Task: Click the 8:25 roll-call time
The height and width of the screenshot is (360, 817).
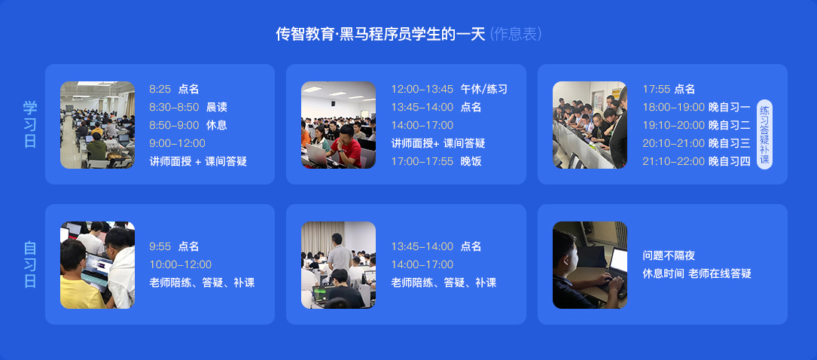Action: pyautogui.click(x=160, y=89)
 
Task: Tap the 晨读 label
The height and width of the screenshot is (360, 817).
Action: pyautogui.click(x=217, y=108)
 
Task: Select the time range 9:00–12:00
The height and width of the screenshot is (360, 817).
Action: pyautogui.click(x=177, y=143)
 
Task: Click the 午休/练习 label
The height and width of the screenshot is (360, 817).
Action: pyautogui.click(x=483, y=89)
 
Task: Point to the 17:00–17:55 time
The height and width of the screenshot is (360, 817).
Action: pyautogui.click(x=422, y=161)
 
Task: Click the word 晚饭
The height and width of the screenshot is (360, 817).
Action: pyautogui.click(x=471, y=161)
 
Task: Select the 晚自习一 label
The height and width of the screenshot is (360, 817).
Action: pyautogui.click(x=730, y=108)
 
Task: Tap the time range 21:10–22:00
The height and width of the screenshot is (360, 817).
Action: pyautogui.click(x=674, y=161)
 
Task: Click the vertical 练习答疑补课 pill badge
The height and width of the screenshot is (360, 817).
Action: pyautogui.click(x=764, y=134)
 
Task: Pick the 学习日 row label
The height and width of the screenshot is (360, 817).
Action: pyautogui.click(x=30, y=124)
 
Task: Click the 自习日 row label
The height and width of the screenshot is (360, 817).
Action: pyautogui.click(x=30, y=264)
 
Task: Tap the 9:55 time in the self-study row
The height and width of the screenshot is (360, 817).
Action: pyautogui.click(x=160, y=246)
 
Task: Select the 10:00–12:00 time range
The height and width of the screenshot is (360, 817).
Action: pyautogui.click(x=180, y=264)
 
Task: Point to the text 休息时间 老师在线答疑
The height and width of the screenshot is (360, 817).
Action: pyautogui.click(x=697, y=273)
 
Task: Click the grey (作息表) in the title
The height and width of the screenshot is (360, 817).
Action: pyautogui.click(x=517, y=35)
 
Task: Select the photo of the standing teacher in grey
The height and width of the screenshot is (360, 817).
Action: pyautogui.click(x=338, y=265)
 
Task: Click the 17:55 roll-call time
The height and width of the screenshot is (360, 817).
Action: pyautogui.click(x=656, y=89)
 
